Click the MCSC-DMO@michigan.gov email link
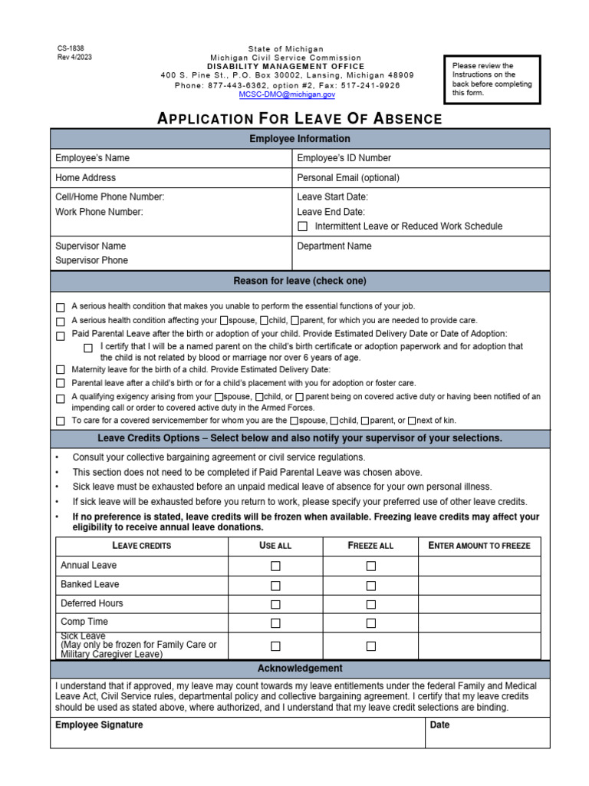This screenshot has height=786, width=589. tap(287, 94)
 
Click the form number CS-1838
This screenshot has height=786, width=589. tap(71, 48)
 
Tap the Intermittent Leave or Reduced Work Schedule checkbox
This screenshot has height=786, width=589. tap(303, 226)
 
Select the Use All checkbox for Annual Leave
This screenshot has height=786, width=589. tap(275, 566)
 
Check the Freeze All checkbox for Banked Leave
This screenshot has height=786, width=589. tap(371, 585)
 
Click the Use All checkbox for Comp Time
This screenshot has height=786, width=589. tap(275, 623)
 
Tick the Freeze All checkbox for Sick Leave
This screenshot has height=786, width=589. tap(371, 646)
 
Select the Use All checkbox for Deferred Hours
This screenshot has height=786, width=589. tap(275, 604)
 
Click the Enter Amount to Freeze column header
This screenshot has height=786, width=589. tap(479, 546)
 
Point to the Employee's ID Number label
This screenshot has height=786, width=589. tap(344, 158)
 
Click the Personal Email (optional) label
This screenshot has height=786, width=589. tap(347, 177)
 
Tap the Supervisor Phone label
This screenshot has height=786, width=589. tap(91, 260)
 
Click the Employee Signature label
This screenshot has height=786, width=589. tap(99, 725)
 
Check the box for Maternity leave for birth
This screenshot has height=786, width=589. tap(61, 370)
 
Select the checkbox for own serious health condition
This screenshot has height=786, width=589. tap(61, 306)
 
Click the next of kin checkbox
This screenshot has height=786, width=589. tap(412, 421)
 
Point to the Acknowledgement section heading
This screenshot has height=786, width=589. tap(300, 669)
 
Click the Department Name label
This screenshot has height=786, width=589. tap(334, 246)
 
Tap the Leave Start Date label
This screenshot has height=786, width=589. tap(332, 197)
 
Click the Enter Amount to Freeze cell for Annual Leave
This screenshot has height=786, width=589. tap(479, 566)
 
